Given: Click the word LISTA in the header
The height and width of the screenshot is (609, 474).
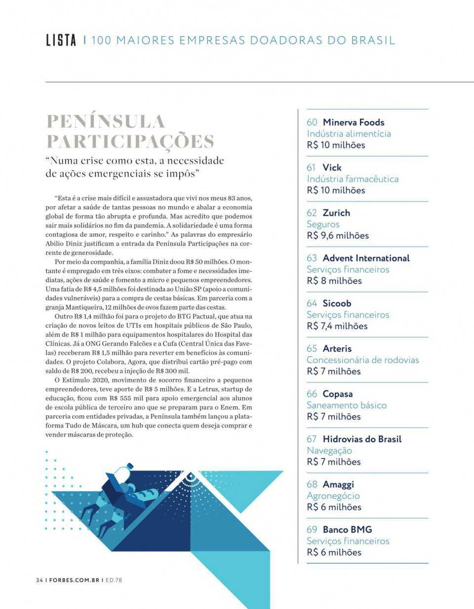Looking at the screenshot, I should tap(61, 40).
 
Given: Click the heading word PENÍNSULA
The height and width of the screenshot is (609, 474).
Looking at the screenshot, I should tap(105, 122).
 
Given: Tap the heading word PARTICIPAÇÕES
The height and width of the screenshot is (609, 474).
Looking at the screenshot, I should tap(130, 142).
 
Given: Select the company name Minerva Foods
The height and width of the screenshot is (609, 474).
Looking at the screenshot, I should tap(353, 122).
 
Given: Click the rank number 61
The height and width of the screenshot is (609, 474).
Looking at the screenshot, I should tap(312, 167).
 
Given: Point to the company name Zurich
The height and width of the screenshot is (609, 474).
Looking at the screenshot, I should tap(336, 213).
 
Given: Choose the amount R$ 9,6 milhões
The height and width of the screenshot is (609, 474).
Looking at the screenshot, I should tap(337, 236).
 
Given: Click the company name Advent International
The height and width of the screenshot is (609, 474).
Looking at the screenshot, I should tap(366, 258).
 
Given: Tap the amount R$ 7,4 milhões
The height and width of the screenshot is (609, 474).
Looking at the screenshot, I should tap(337, 326).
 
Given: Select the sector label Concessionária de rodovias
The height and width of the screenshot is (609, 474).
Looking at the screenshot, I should tap(362, 360).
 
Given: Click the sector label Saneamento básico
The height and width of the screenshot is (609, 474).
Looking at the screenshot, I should tap(347, 405).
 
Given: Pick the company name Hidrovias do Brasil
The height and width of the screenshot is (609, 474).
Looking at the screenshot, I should tap(362, 439).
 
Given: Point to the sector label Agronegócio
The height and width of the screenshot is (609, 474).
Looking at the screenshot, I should tap(333, 495).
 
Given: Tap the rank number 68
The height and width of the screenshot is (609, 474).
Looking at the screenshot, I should tap(312, 485).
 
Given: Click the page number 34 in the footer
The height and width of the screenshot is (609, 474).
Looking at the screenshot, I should tap(39, 580).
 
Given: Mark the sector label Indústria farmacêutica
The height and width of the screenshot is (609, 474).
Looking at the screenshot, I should tap(353, 179).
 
